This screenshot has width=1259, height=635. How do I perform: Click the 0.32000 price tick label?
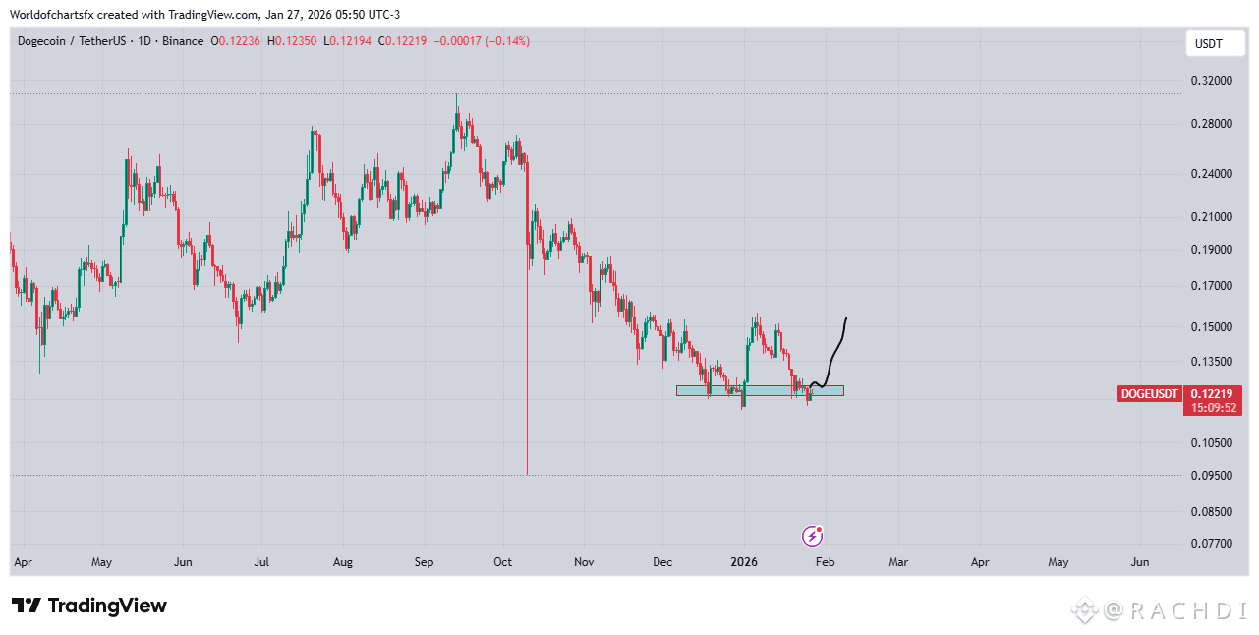tap(1209, 81)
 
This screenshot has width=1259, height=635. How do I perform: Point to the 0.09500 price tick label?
tap(1209, 476)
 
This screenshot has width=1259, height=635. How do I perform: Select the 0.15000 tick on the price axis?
tap(1209, 327)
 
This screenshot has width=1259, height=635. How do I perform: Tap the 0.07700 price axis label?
tap(1209, 543)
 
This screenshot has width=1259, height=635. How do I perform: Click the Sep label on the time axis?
tap(424, 563)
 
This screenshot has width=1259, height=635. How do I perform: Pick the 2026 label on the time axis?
tap(744, 563)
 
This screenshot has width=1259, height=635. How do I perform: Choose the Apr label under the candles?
tap(24, 563)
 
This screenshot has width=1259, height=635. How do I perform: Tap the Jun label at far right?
tap(1140, 563)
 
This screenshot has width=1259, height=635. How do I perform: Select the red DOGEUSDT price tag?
tap(1150, 394)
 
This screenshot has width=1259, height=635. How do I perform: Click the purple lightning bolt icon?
tap(813, 536)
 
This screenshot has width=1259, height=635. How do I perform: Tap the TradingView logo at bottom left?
tap(89, 606)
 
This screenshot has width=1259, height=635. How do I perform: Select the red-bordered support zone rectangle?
tap(759, 390)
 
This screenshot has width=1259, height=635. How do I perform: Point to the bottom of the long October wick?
tap(528, 474)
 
